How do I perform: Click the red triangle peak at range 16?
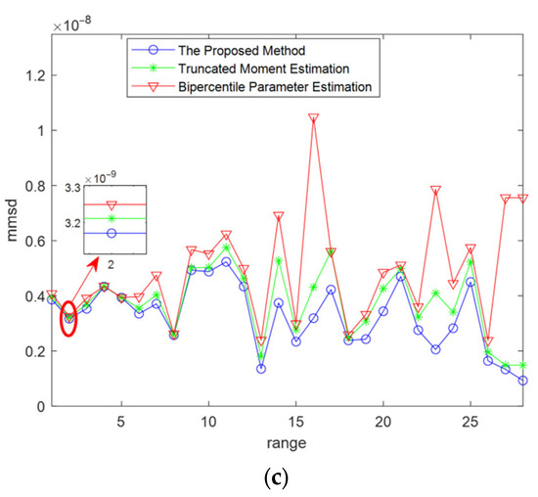(313, 118)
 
